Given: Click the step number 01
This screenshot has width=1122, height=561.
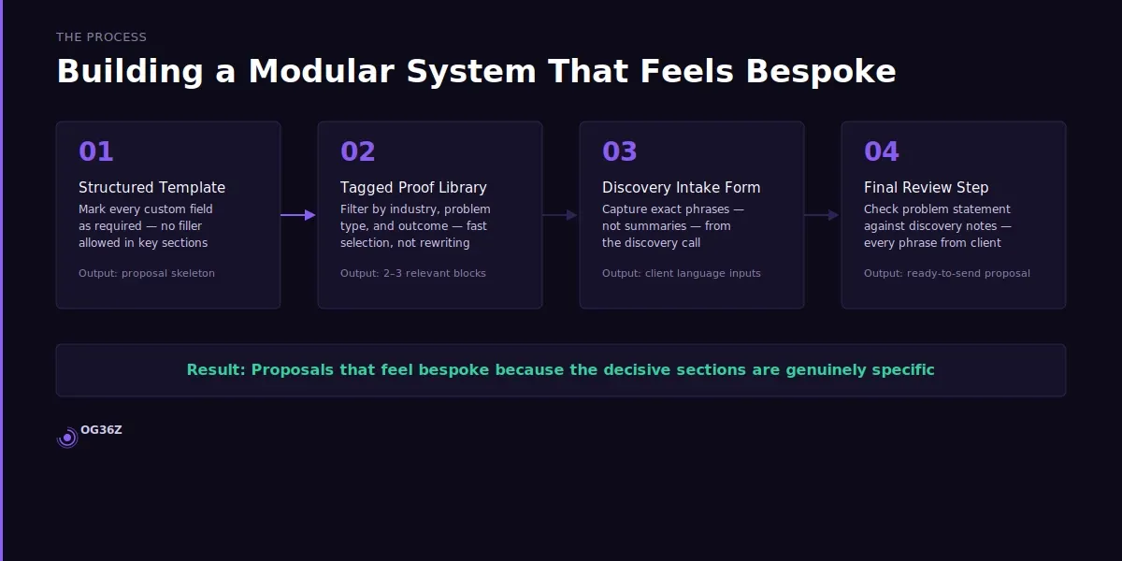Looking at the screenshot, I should [x=96, y=151].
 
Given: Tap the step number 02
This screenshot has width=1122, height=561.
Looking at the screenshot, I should [x=358, y=151].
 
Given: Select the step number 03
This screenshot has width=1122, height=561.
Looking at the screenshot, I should [x=620, y=151].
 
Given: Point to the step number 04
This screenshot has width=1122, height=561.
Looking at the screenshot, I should [x=882, y=151].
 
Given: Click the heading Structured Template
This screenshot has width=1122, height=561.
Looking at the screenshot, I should [x=151, y=187].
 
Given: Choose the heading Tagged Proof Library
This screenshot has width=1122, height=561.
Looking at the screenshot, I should [x=413, y=187].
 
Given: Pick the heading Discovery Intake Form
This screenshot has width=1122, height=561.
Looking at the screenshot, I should [x=681, y=187].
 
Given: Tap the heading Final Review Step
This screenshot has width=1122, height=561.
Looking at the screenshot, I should [x=926, y=187].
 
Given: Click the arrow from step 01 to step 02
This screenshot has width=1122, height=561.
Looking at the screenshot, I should [x=299, y=215].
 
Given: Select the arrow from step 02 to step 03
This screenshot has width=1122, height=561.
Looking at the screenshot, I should [x=561, y=215].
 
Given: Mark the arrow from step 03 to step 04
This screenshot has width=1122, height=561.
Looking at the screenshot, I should [x=823, y=215].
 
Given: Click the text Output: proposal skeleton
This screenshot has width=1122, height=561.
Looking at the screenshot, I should [x=147, y=273].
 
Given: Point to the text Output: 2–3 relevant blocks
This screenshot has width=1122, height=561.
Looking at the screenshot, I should [x=413, y=273].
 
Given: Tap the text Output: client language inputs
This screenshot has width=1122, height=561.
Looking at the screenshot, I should [x=682, y=273].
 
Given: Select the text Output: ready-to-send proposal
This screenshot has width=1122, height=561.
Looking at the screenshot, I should [x=947, y=273].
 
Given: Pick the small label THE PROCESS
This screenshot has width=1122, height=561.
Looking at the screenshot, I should [x=101, y=37].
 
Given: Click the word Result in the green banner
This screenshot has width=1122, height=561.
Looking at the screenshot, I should [x=215, y=369].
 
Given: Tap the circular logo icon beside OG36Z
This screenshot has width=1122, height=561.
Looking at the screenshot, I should [x=67, y=437].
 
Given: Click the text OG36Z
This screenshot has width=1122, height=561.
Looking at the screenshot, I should [x=101, y=430].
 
